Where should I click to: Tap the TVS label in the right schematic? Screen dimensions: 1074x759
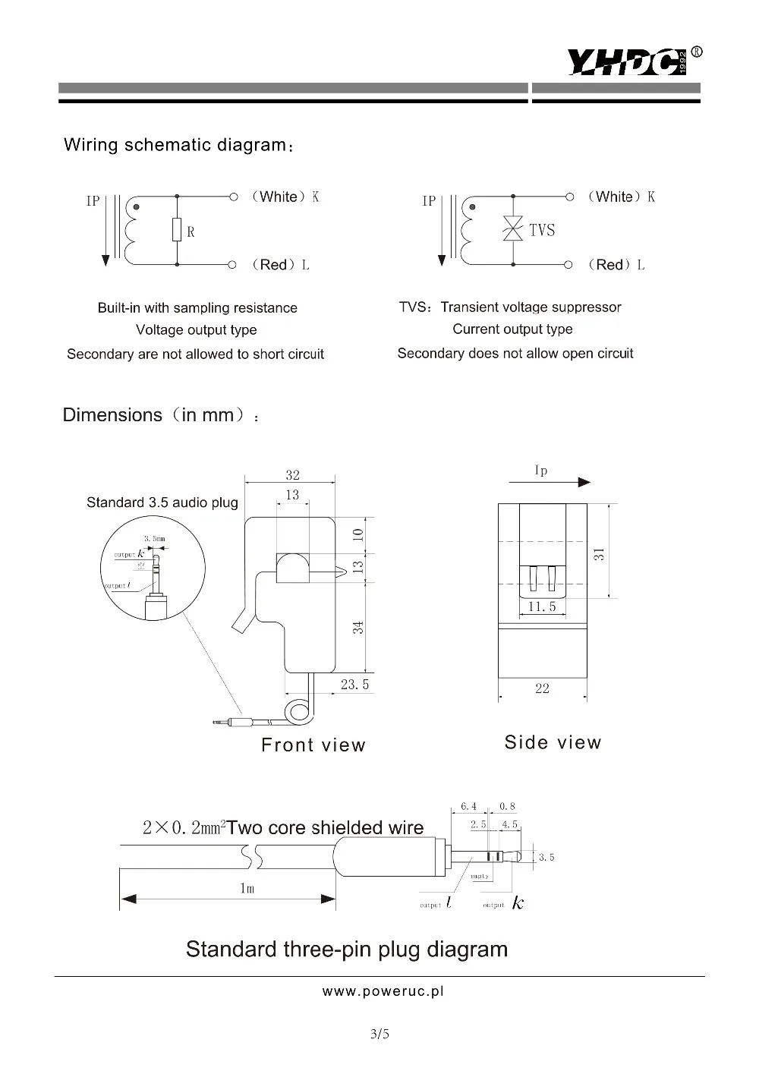(542, 230)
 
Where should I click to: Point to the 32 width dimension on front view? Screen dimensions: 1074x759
(292, 475)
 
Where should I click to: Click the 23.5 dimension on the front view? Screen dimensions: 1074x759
(354, 684)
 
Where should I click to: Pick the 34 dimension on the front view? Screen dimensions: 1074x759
(358, 627)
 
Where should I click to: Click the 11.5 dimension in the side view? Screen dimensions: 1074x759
(542, 606)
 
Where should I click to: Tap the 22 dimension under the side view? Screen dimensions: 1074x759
(542, 688)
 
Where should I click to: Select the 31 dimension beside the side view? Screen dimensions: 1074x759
(600, 553)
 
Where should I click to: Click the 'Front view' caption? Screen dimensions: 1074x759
(313, 745)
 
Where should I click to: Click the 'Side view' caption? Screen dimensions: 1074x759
(553, 742)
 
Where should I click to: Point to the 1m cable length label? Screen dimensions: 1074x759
(247, 888)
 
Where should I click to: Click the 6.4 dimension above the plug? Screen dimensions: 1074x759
(468, 806)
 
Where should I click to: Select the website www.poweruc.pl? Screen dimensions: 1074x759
(383, 991)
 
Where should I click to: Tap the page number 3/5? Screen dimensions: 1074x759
(379, 1033)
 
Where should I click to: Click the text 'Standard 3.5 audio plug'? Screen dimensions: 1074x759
(162, 502)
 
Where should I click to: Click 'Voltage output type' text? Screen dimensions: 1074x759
(196, 330)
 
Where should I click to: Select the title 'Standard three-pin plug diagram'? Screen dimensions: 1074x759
(347, 950)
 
